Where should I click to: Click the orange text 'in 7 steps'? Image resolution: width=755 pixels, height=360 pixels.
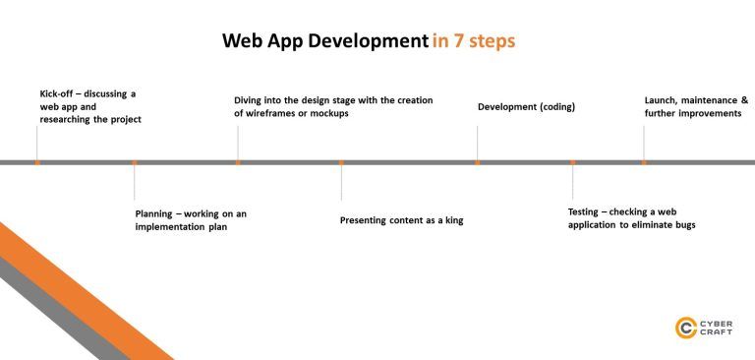point(473,41)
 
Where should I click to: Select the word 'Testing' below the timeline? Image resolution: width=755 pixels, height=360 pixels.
point(586,211)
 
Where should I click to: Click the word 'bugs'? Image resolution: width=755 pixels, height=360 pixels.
point(684,224)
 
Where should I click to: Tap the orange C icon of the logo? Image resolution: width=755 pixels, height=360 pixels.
point(685,328)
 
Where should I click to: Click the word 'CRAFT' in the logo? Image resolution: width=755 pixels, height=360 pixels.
point(716,333)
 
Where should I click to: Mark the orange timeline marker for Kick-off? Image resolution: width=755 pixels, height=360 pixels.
point(36,162)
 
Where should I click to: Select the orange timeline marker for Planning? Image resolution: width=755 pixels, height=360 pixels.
point(135,162)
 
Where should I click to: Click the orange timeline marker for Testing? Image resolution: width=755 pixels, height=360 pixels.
point(572,162)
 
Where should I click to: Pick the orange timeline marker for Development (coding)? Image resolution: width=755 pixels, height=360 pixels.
point(478,162)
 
